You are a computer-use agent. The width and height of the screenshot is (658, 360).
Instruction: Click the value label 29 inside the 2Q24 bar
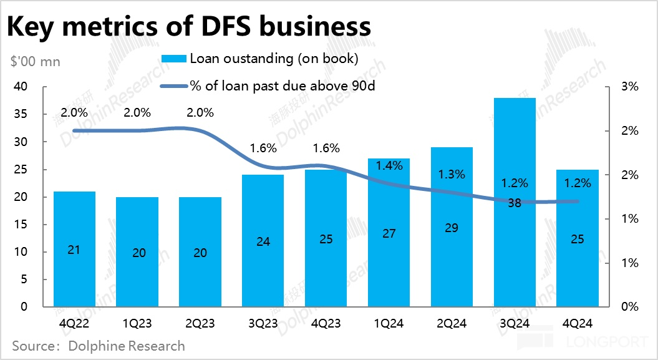click(x=452, y=228)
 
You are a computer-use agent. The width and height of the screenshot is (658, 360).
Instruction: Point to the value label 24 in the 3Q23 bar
click(x=263, y=241)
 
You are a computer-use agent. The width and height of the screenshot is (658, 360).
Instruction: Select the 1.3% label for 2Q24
click(x=452, y=175)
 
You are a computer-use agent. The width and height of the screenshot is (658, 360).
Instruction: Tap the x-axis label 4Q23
click(x=326, y=324)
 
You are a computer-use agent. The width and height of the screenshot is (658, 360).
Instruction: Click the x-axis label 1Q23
click(x=137, y=324)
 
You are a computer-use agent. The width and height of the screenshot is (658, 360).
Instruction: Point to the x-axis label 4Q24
click(x=577, y=324)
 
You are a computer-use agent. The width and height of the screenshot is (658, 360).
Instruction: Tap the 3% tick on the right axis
click(x=630, y=87)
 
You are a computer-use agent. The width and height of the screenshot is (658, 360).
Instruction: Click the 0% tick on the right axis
click(x=630, y=307)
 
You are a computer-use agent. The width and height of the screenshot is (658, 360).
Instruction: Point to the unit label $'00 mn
click(x=35, y=62)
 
